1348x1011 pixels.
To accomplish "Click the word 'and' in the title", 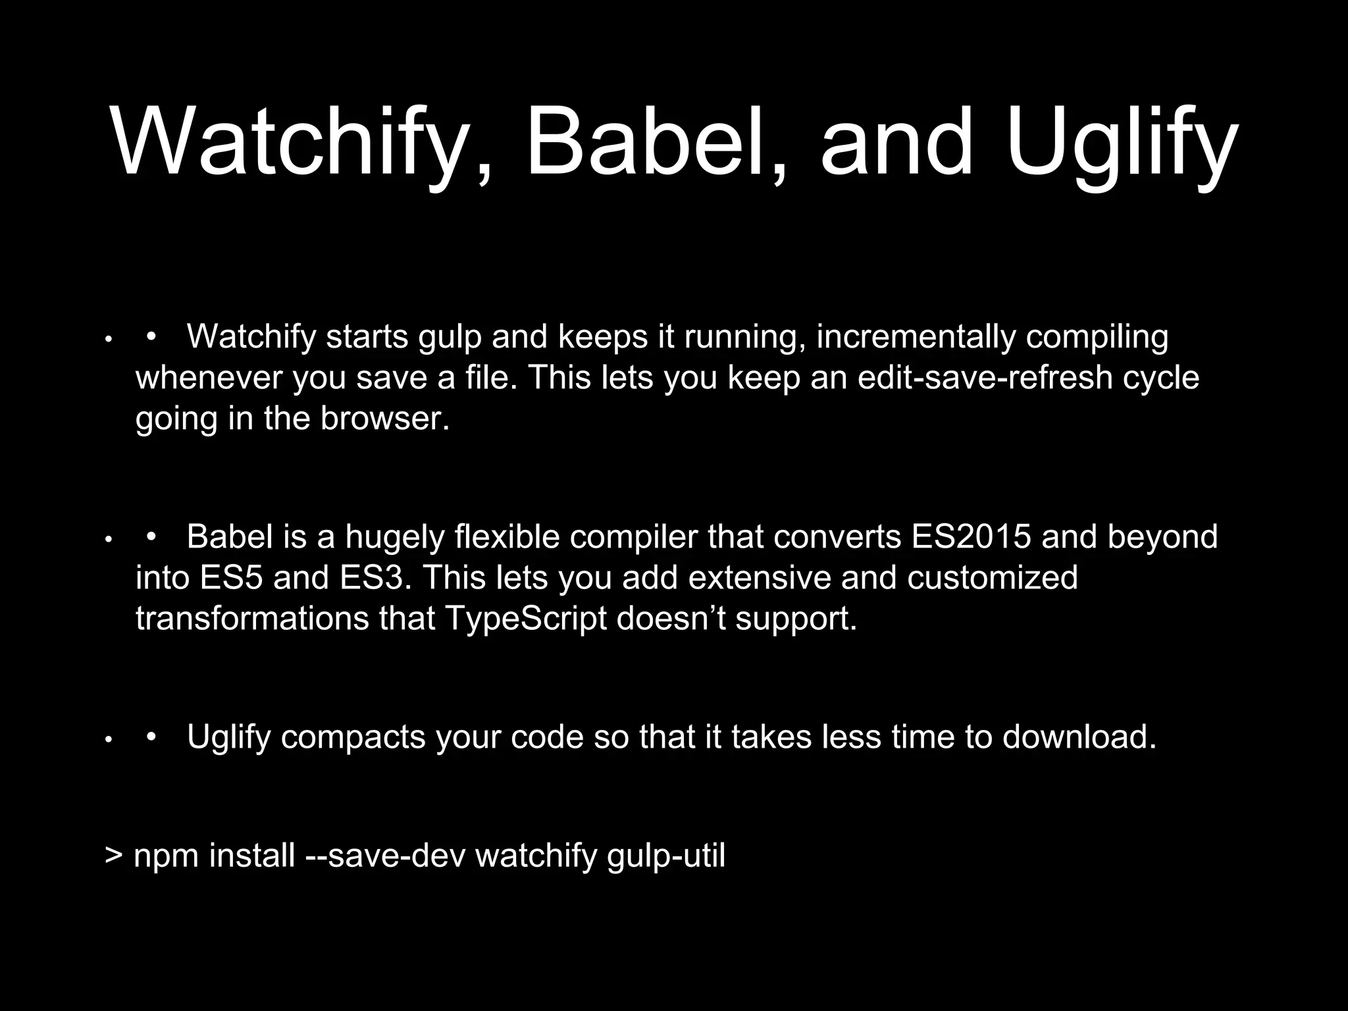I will coord(895,142).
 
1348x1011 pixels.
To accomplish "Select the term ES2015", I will coord(971,536).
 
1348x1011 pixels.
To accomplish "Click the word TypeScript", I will coord(526,619).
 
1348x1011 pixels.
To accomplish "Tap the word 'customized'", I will coord(992,578).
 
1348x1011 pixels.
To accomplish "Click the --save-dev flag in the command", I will coord(385,856).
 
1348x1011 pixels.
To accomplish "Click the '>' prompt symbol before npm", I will coord(114,856).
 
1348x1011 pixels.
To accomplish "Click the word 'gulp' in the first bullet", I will coord(450,337).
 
